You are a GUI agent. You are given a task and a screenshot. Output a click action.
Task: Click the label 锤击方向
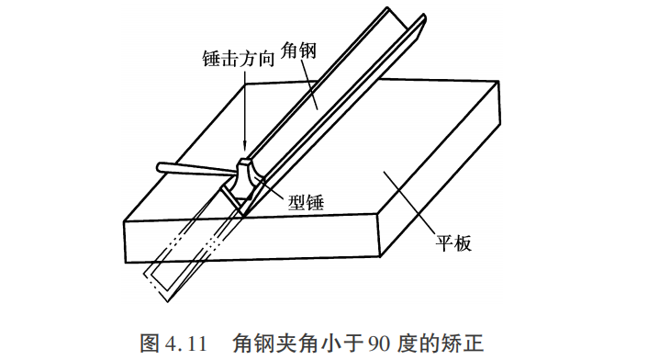point(239,59)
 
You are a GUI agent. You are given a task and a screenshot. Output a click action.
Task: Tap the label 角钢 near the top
point(298,51)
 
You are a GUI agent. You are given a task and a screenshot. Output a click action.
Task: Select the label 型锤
point(306,202)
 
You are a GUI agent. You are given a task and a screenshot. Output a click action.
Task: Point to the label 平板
point(453,243)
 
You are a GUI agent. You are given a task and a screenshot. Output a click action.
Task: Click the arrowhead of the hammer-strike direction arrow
point(245,147)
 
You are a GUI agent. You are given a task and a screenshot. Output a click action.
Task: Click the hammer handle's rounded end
point(160,167)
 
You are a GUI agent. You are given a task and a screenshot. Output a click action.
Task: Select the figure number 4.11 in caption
point(186,343)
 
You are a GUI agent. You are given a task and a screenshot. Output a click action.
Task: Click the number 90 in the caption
point(379,343)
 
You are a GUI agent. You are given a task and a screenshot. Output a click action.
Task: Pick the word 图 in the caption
point(150,343)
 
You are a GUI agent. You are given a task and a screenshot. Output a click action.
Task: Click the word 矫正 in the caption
point(464,343)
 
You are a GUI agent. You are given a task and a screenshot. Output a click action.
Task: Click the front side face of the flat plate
point(252,239)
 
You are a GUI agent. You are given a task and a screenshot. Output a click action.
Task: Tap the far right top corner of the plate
point(498,82)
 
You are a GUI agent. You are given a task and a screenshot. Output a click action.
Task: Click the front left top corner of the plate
point(125,222)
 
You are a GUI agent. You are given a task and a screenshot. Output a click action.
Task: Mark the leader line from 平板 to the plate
point(409,203)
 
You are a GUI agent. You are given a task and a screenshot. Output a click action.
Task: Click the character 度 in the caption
point(407,343)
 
